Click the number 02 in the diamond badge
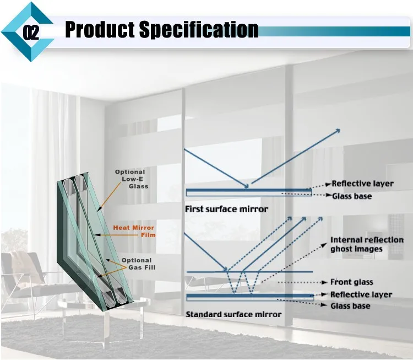point(31,32)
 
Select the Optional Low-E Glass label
point(130,179)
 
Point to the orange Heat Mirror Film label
point(134,231)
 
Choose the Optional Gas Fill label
point(137,264)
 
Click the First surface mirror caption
point(226,209)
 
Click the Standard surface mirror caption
point(233,314)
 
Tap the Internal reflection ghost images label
point(366,244)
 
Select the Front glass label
point(349,282)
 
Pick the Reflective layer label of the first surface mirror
point(362,184)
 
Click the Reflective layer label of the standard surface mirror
point(361,295)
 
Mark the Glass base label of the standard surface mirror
point(350,306)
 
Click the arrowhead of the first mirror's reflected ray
point(338,131)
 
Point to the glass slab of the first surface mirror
point(248,192)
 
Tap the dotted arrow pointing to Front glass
point(303,282)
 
